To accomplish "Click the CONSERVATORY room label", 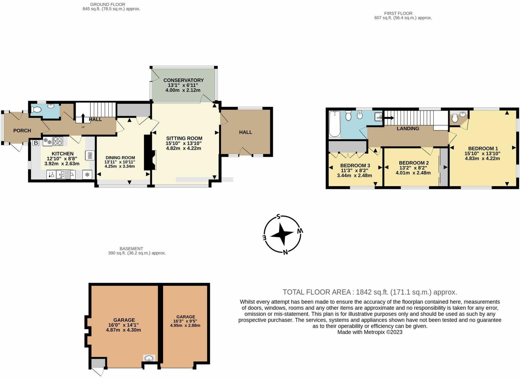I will point(183,80).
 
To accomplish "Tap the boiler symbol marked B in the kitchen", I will point(36,143).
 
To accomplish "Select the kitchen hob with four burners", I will point(58,141).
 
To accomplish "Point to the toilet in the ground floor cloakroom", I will point(36,110).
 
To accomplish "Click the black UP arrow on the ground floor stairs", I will point(83,117).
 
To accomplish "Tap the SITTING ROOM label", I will point(184,138).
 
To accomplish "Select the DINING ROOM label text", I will point(120,158).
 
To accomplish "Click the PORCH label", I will point(22,131).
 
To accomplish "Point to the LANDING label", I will point(408,129).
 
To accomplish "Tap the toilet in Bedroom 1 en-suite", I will point(454,119).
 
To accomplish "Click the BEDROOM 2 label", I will point(414,163).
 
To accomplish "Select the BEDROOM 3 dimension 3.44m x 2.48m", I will point(354,176).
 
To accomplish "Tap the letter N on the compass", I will point(285,252).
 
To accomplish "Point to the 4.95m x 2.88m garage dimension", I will point(185,325).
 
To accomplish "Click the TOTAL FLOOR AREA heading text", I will point(317,292).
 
